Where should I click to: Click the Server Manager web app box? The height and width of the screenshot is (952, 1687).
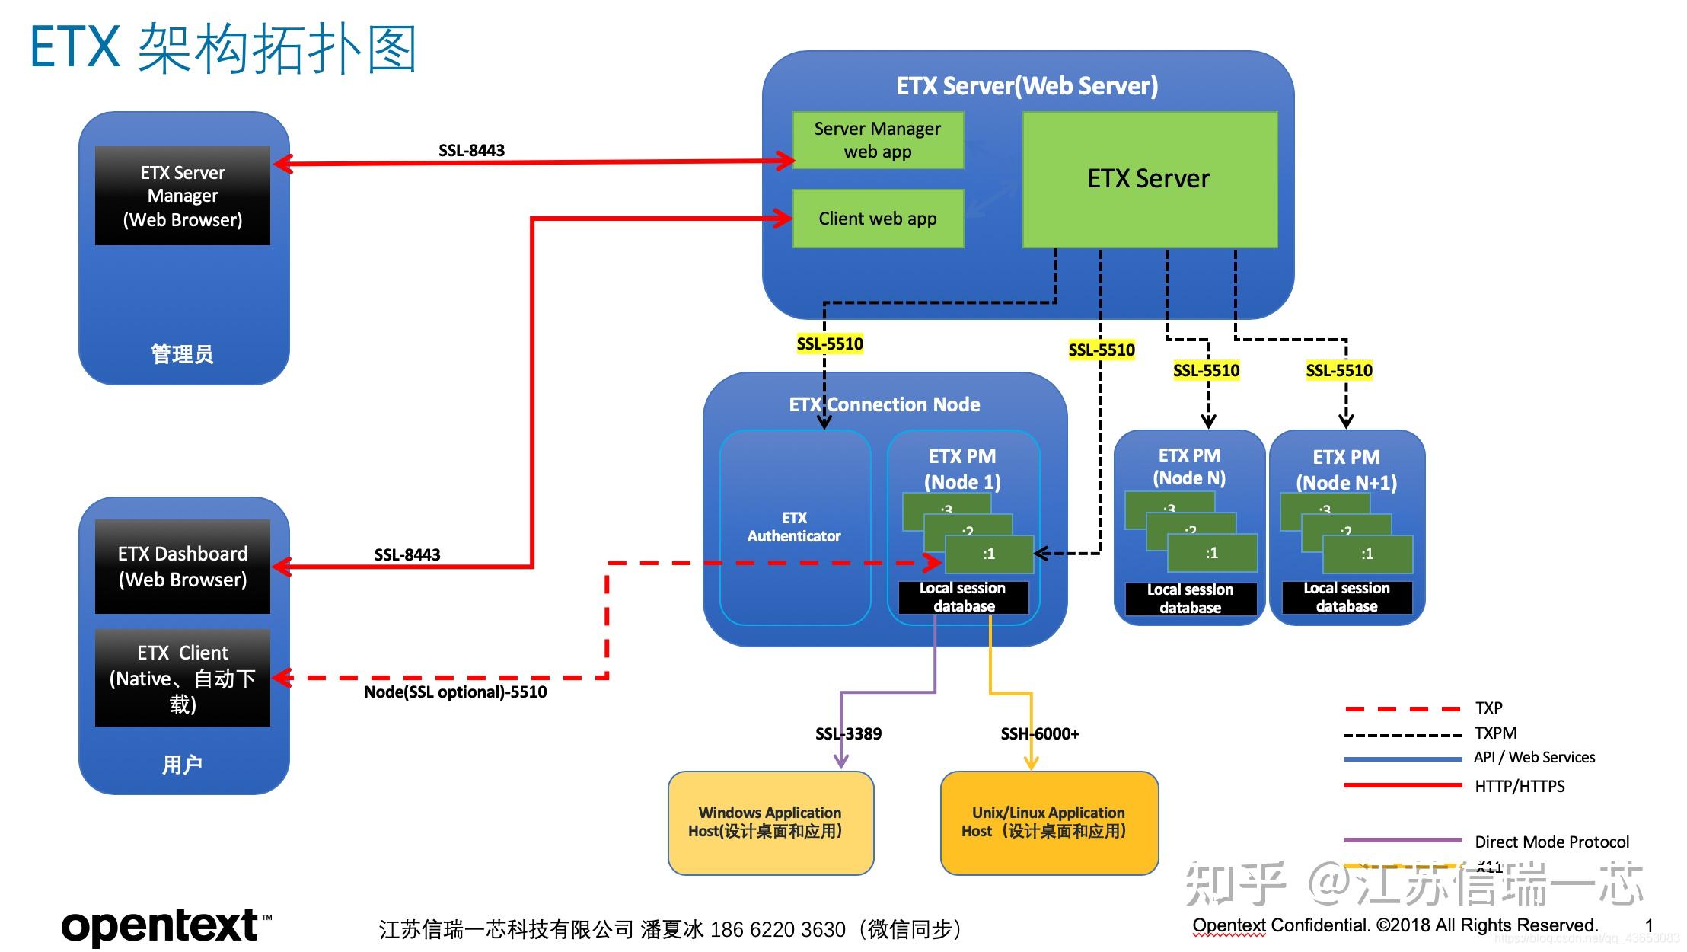tap(878, 140)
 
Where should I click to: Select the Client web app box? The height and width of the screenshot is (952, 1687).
tap(878, 219)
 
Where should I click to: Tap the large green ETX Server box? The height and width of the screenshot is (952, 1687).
tap(1149, 180)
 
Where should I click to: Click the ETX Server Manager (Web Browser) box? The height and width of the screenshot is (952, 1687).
tap(182, 196)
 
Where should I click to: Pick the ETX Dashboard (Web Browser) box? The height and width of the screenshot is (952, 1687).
tap(182, 567)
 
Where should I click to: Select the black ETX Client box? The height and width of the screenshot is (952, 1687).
tap(182, 678)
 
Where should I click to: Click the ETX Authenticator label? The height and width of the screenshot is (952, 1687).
tap(794, 527)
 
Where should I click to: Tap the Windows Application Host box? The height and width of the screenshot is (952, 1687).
tap(770, 823)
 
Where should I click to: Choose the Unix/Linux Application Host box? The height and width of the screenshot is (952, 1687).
tap(1048, 823)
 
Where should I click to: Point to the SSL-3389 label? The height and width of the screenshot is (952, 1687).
tap(848, 734)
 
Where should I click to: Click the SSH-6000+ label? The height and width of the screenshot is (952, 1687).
tap(1040, 734)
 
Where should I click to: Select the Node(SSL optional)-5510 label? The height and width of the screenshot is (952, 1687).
tap(455, 692)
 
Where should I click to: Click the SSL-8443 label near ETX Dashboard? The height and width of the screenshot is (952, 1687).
tap(407, 554)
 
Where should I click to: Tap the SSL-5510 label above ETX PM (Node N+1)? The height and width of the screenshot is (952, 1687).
tap(1339, 371)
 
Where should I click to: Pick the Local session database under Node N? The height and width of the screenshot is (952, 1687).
tap(1190, 599)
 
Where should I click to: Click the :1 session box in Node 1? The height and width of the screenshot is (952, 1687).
tap(989, 554)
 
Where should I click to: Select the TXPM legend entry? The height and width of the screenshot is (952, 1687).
tap(1495, 733)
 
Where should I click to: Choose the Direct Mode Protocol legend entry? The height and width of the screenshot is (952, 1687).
tap(1551, 842)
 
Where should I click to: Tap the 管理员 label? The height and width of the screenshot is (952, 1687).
tap(182, 355)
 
